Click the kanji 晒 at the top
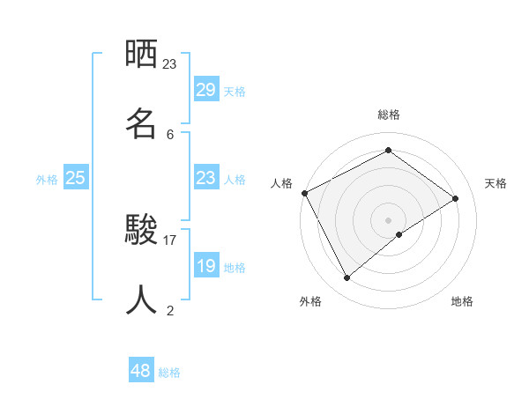[141, 54]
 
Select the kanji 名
[141, 124]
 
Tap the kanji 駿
[141, 230]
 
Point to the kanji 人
[141, 299]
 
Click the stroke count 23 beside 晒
[170, 63]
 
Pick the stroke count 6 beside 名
[170, 134]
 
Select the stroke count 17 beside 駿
[170, 240]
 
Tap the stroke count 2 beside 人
[170, 310]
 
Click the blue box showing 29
[205, 90]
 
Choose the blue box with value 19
[205, 266]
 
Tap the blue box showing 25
[76, 178]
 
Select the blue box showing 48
[141, 371]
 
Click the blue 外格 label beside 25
[47, 179]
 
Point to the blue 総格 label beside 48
[169, 372]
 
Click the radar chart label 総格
[389, 115]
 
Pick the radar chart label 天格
[495, 183]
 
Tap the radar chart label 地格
[462, 301]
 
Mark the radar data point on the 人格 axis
[304, 193]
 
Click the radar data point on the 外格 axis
[347, 278]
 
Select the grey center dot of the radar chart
[389, 219]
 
